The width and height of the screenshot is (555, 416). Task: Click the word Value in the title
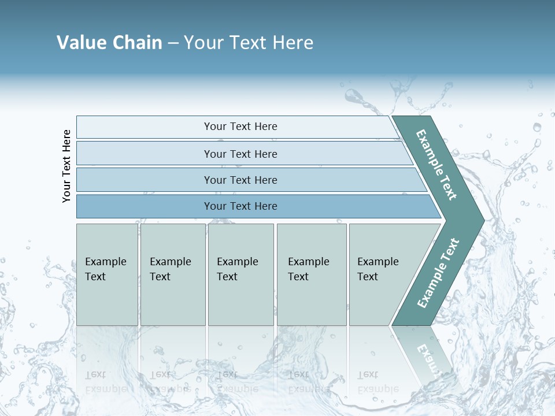(80, 42)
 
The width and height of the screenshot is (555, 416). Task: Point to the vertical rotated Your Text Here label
(66, 166)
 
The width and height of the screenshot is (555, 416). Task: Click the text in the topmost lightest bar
(240, 127)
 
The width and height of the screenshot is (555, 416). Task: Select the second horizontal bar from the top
(240, 154)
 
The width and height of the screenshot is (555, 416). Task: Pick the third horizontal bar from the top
(240, 180)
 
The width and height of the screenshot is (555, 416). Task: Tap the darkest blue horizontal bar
(240, 206)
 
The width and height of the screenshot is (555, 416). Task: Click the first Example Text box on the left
(107, 274)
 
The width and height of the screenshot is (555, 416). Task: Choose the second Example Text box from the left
(172, 274)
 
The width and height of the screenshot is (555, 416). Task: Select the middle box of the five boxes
(240, 274)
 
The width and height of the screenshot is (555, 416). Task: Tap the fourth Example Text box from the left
(312, 274)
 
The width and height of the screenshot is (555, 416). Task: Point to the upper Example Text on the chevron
(436, 165)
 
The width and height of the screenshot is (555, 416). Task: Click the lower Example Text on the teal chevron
(438, 273)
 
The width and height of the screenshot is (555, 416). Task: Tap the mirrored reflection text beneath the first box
(106, 381)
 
